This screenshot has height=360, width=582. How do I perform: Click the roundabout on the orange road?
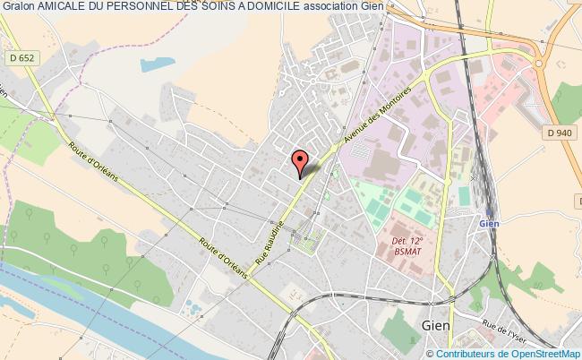542,62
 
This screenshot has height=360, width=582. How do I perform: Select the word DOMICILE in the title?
265,8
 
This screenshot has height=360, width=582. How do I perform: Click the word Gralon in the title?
19,8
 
